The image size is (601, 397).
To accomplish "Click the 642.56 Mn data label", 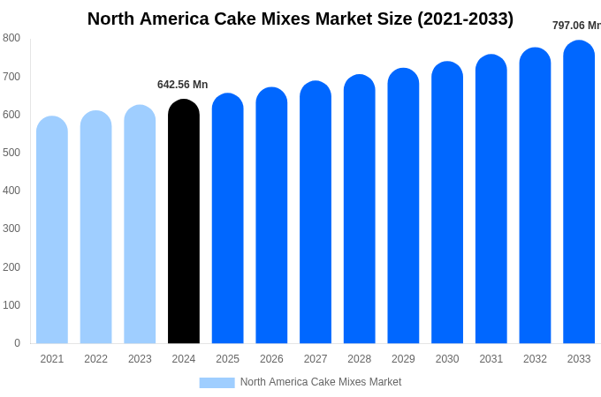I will tap(182, 85).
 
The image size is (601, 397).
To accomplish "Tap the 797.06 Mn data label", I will tap(576, 26).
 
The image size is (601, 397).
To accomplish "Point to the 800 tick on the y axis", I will tap(11, 38).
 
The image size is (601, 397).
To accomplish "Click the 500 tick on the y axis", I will tap(11, 153).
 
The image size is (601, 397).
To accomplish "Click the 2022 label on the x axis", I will tap(95, 359).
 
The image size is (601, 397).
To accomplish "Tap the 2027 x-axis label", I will tap(316, 359).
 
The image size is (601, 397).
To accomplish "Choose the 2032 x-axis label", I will tap(535, 359).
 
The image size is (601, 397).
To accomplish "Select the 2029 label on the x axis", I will tap(403, 359).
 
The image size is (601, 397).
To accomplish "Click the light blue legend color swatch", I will tap(217, 383).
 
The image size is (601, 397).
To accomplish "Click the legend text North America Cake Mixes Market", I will tap(321, 382).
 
